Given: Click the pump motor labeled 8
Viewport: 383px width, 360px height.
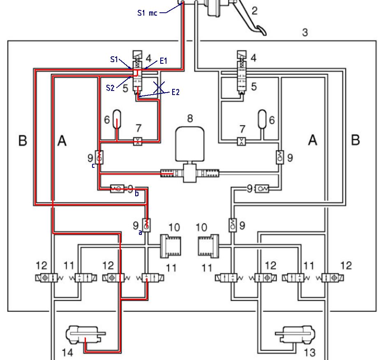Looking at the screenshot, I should [x=189, y=144].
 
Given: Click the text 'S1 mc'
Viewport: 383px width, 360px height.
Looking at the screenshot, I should [x=147, y=13].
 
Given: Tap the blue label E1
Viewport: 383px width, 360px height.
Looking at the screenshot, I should [x=164, y=61].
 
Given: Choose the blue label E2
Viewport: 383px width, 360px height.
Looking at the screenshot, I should [x=175, y=92].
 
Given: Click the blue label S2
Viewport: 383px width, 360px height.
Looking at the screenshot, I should [x=110, y=87].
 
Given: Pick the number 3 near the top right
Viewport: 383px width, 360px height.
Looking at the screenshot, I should [x=305, y=32].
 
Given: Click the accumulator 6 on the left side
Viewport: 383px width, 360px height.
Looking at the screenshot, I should [x=117, y=119].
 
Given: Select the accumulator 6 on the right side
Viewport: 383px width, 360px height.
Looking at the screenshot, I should [x=262, y=119].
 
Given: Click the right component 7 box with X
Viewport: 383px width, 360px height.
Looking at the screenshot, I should [x=242, y=142].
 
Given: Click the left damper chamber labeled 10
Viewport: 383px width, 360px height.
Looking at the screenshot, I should [x=170, y=246].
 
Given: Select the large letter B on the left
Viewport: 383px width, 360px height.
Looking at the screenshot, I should [x=23, y=141].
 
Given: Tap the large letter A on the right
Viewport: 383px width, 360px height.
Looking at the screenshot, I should [x=313, y=141].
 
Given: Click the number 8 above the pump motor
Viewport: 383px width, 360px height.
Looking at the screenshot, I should [x=190, y=118].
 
